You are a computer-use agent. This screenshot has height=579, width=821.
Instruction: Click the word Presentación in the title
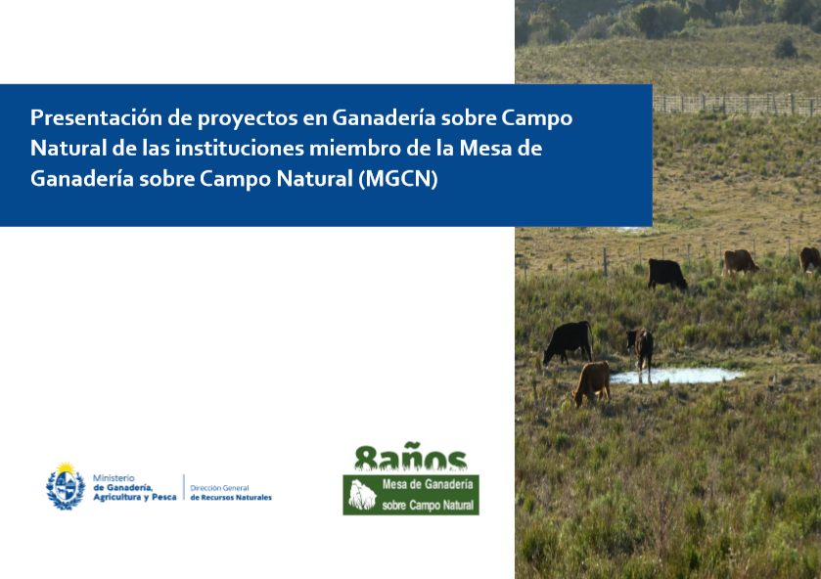tap(96, 117)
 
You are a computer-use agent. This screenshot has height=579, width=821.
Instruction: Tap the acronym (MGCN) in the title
tap(398, 179)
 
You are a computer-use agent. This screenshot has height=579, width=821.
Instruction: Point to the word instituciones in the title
tap(240, 148)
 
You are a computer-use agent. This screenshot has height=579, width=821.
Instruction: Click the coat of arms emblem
tap(66, 486)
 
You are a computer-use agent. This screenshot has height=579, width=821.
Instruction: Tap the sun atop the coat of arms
tap(66, 467)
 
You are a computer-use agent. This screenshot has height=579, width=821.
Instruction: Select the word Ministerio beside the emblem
tap(114, 478)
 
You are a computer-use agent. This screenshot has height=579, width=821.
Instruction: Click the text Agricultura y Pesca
tap(135, 497)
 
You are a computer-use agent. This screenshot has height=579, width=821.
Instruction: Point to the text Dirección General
tap(219, 488)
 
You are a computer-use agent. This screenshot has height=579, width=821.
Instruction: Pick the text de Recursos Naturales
tap(231, 497)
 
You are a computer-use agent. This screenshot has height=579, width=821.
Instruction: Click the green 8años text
tap(411, 458)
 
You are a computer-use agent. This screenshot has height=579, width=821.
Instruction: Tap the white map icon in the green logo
tap(362, 495)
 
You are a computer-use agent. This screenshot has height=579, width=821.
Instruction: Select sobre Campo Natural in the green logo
tap(428, 506)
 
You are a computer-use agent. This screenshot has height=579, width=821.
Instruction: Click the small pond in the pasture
tap(676, 376)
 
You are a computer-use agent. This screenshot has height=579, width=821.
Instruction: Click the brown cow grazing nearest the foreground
tap(592, 382)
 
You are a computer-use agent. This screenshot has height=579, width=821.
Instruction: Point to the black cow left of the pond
tap(568, 342)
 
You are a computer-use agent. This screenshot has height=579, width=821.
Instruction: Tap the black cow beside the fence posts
tap(666, 274)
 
